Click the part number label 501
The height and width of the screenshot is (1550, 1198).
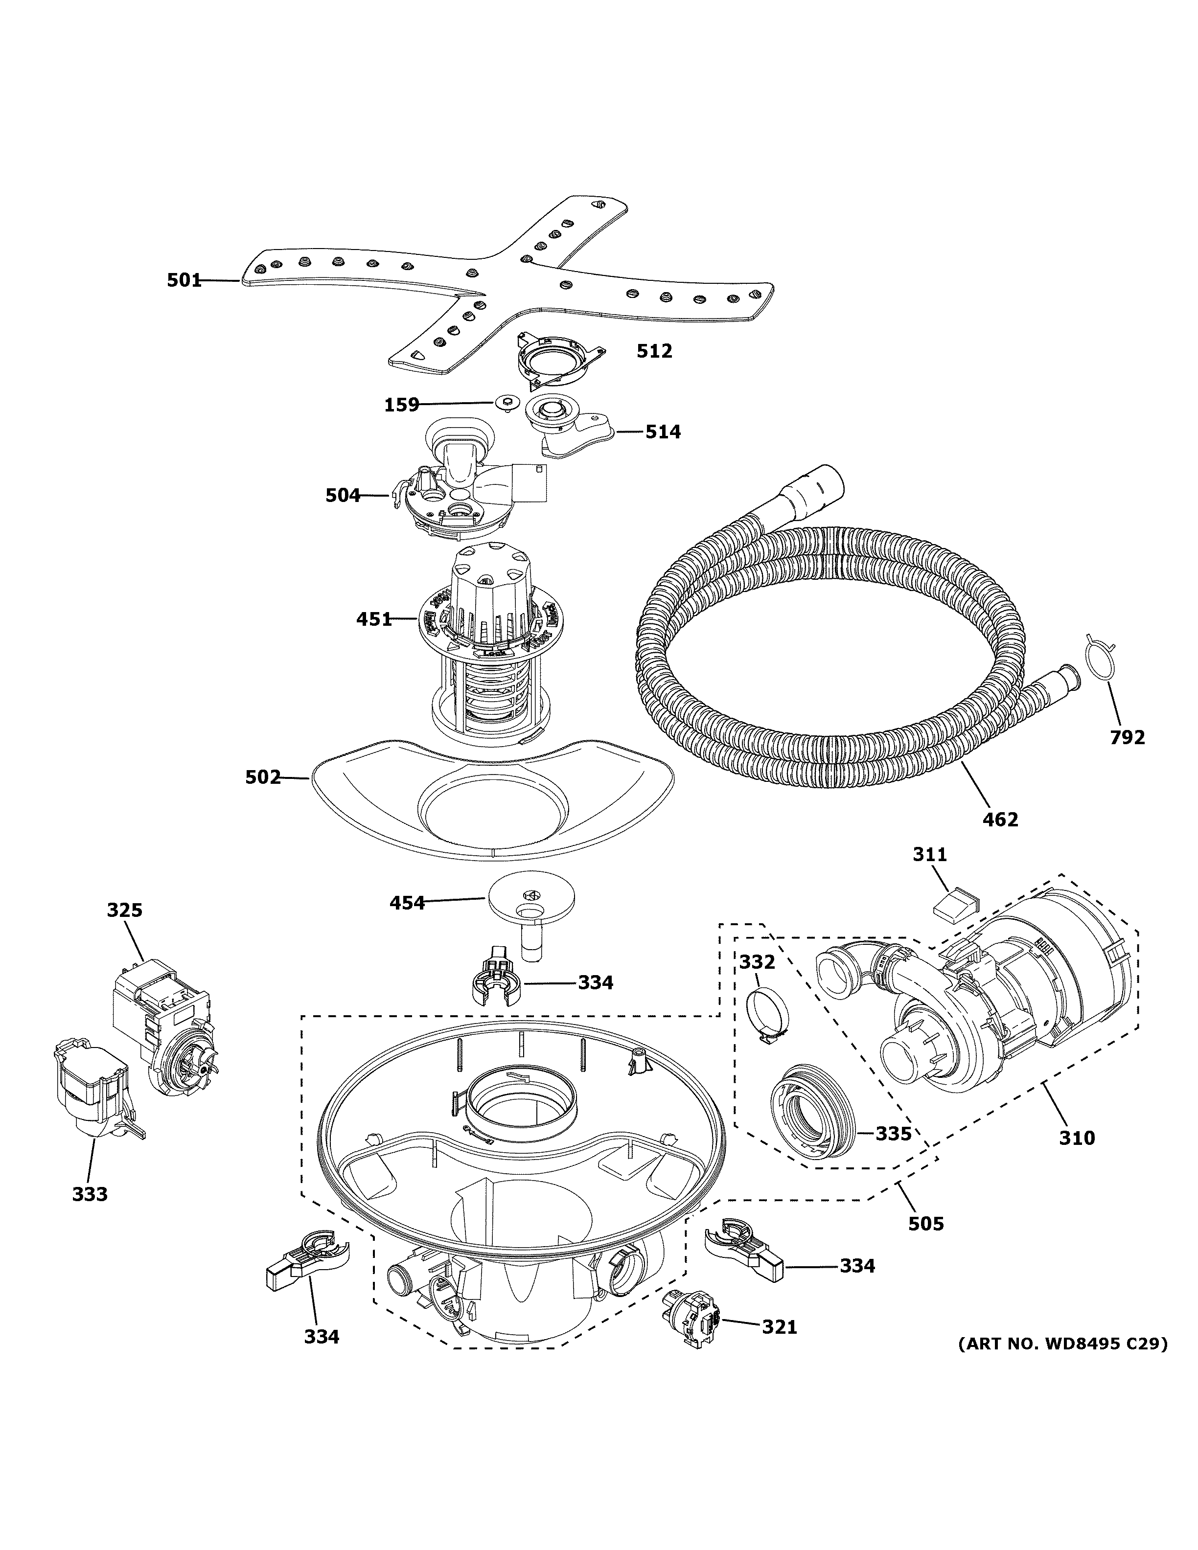tap(184, 280)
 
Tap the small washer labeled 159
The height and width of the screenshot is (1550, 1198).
tap(506, 402)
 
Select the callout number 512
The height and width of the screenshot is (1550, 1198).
tap(654, 351)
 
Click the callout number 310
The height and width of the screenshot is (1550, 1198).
tap(1077, 1138)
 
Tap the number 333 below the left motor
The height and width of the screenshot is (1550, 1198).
tap(90, 1194)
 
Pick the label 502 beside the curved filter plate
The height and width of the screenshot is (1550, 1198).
tap(263, 777)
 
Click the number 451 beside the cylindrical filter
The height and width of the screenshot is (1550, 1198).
tap(374, 619)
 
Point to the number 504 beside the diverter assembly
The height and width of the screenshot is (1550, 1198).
tap(343, 495)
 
